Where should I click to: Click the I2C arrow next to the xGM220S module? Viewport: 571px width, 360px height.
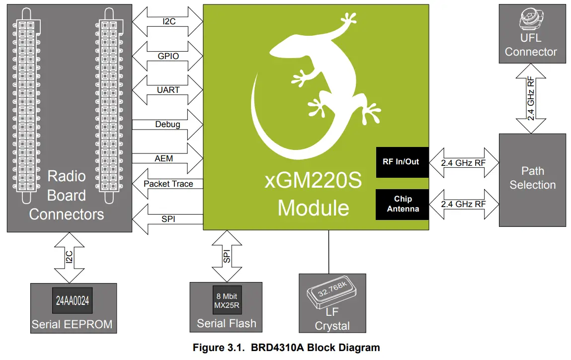click(168, 22)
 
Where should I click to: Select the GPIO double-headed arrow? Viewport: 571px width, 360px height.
click(168, 56)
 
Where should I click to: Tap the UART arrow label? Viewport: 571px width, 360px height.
click(168, 90)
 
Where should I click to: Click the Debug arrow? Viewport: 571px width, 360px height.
click(168, 125)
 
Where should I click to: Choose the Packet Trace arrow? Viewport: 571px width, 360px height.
click(168, 184)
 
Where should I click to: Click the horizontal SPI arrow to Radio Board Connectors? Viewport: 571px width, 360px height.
click(168, 218)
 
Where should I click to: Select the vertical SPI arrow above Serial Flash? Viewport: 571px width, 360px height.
click(227, 256)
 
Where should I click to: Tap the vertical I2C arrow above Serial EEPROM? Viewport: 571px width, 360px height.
click(69, 257)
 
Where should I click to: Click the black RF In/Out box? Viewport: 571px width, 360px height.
click(401, 162)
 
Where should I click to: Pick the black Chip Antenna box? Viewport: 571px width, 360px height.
click(403, 204)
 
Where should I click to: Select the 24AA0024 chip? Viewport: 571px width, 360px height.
click(74, 300)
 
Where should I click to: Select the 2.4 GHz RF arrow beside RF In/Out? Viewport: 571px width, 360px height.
click(464, 162)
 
